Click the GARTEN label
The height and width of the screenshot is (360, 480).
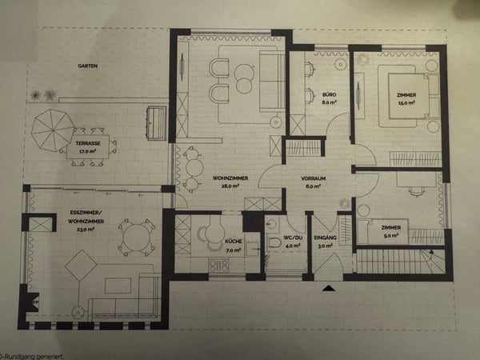pyautogui.click(x=87, y=66)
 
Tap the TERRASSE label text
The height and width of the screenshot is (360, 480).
pyautogui.click(x=88, y=143)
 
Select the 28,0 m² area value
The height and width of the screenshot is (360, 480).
pyautogui.click(x=230, y=186)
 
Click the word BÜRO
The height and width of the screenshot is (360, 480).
pyautogui.click(x=329, y=94)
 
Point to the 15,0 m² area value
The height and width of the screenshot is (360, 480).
pyautogui.click(x=406, y=103)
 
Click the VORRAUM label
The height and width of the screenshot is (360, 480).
pyautogui.click(x=313, y=178)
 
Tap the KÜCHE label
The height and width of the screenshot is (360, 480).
pyautogui.click(x=234, y=242)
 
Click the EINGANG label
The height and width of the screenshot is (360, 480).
pyautogui.click(x=325, y=238)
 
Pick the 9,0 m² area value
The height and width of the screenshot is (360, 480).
pyautogui.click(x=391, y=235)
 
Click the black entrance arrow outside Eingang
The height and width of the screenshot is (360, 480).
pyautogui.click(x=329, y=288)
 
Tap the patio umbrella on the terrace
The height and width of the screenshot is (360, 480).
pyautogui.click(x=53, y=130)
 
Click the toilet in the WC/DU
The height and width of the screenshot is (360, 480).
pyautogui.click(x=274, y=242)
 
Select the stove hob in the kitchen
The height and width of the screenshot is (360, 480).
pyautogui.click(x=218, y=265)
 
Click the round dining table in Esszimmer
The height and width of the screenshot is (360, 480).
pyautogui.click(x=137, y=238)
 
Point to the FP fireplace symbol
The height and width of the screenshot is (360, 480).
pyautogui.click(x=34, y=302)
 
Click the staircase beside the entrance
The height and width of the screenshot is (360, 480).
pyautogui.click(x=400, y=261)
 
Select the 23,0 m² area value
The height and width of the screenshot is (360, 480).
pyautogui.click(x=86, y=230)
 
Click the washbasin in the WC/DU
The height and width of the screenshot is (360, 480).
pyautogui.click(x=272, y=226)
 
